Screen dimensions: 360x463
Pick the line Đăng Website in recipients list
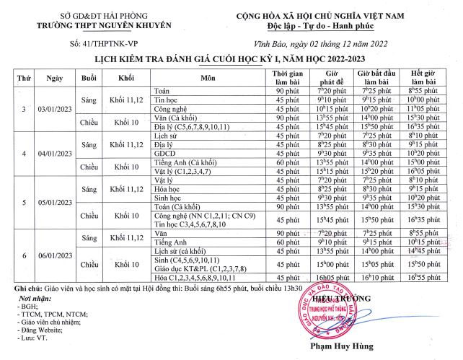pos(47,329)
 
